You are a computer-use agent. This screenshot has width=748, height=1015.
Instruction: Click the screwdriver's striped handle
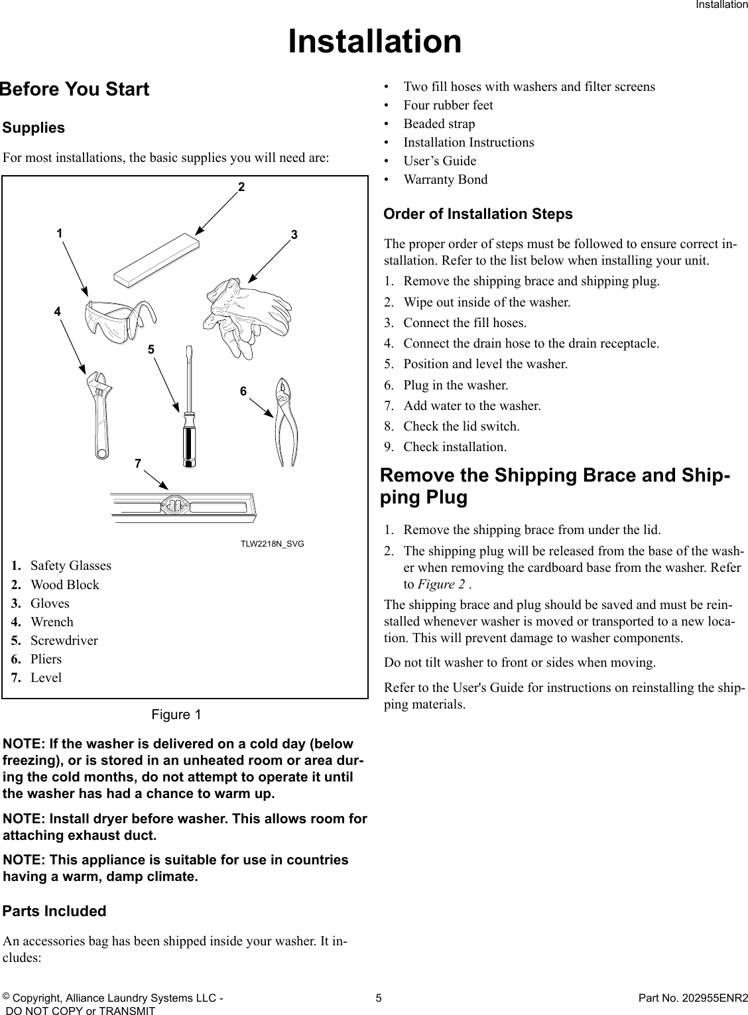pyautogui.click(x=190, y=440)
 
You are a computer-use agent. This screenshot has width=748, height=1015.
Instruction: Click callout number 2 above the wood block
pyautogui.click(x=242, y=188)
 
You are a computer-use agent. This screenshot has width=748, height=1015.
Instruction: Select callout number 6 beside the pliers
pyautogui.click(x=243, y=392)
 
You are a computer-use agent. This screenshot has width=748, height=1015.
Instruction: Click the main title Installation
pyautogui.click(x=375, y=41)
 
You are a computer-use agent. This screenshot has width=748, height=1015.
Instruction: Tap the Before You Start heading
pyautogui.click(x=75, y=90)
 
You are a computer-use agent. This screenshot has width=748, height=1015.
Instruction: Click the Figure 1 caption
pyautogui.click(x=176, y=714)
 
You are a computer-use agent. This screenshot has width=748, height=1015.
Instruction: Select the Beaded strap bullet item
pyautogui.click(x=439, y=124)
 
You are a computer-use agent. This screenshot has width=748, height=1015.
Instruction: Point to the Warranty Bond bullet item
pyautogui.click(x=445, y=180)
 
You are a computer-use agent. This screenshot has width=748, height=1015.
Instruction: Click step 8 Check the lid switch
pyautogui.click(x=461, y=426)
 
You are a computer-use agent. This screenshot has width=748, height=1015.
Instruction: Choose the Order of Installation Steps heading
pyautogui.click(x=478, y=214)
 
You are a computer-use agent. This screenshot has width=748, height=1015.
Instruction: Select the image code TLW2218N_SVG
pyautogui.click(x=272, y=544)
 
